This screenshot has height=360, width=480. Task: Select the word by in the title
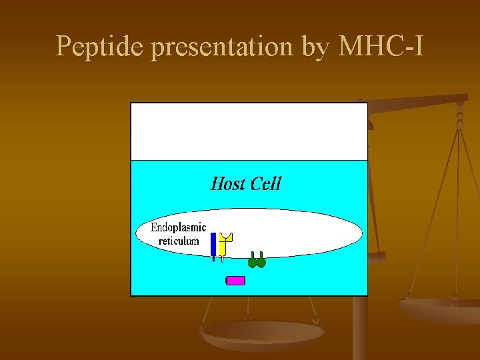click(x=315, y=47)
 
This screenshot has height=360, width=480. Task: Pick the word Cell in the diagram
click(x=265, y=183)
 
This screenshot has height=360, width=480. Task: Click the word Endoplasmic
click(x=178, y=227)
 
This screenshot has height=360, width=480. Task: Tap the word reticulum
click(x=178, y=241)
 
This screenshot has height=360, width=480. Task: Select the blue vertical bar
click(x=213, y=245)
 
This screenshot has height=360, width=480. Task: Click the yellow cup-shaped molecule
click(x=225, y=244)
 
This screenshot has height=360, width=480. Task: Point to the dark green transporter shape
click(x=257, y=261)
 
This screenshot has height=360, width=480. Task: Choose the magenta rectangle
click(x=236, y=281)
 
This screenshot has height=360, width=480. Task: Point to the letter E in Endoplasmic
click(x=154, y=227)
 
